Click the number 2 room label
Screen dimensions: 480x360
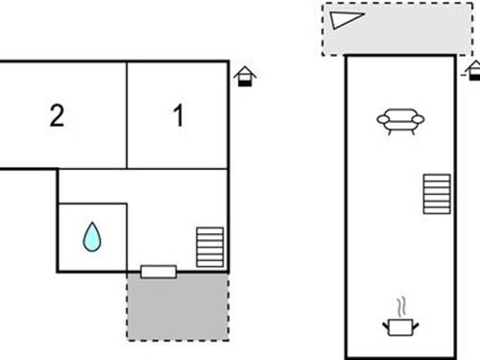click(x=57, y=116)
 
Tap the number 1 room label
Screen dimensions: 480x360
click(x=178, y=116)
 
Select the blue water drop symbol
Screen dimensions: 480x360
click(x=92, y=236)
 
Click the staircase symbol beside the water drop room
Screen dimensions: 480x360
click(x=209, y=248)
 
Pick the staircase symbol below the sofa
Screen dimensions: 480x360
click(x=437, y=195)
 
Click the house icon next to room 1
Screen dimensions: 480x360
click(x=246, y=76)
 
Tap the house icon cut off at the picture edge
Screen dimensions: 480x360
click(x=473, y=71)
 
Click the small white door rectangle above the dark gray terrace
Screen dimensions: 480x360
click(x=158, y=271)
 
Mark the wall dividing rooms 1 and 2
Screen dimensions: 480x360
click(x=128, y=115)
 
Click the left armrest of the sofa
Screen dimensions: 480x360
click(x=383, y=121)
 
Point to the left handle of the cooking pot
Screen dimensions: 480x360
click(x=386, y=326)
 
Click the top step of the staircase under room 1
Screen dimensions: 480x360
click(x=209, y=231)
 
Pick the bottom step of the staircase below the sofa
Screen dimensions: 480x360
click(x=437, y=212)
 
